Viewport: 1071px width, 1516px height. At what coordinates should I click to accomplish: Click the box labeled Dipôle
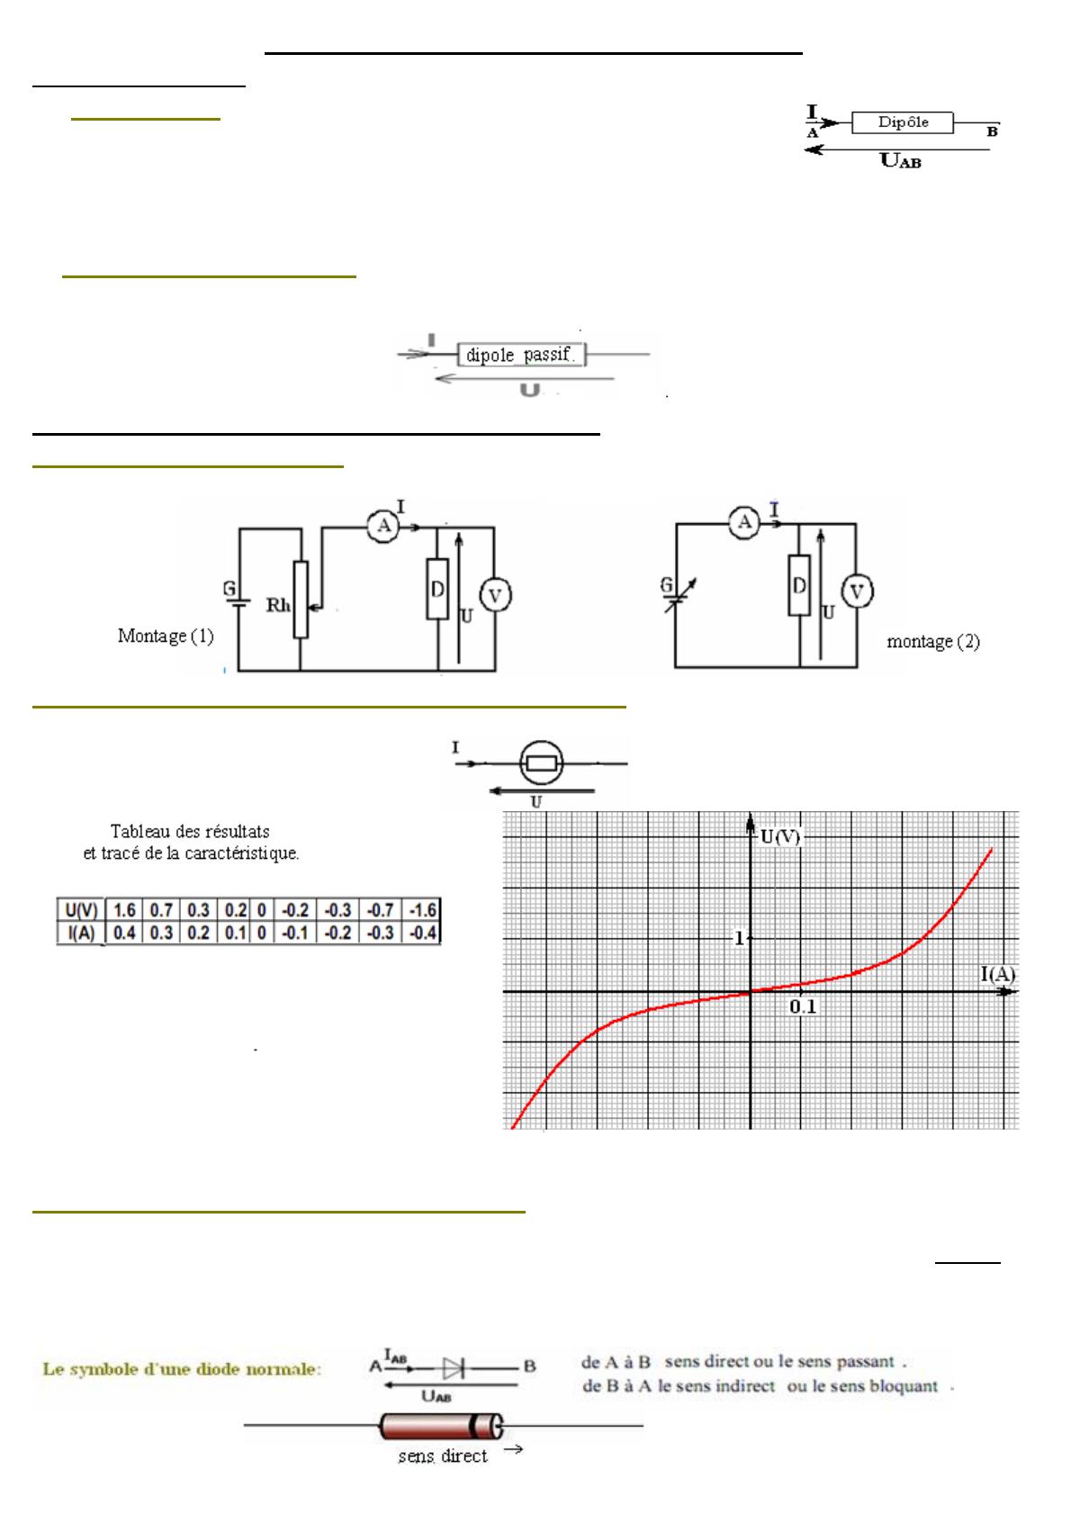(902, 122)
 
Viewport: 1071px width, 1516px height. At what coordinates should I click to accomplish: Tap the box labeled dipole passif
(521, 354)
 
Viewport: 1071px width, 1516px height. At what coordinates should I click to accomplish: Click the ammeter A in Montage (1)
(383, 526)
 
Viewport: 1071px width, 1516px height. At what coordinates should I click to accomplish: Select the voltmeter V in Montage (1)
(495, 596)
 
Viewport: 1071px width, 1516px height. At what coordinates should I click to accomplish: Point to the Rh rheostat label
(278, 605)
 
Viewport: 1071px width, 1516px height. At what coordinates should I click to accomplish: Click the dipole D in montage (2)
(799, 585)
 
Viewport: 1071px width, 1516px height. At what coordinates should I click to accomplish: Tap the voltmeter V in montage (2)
(857, 591)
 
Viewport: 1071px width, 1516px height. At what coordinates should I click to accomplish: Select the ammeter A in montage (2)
(745, 522)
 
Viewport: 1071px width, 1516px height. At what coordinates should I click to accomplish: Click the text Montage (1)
(166, 636)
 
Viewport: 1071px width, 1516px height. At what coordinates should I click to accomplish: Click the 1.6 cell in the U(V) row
(124, 910)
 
